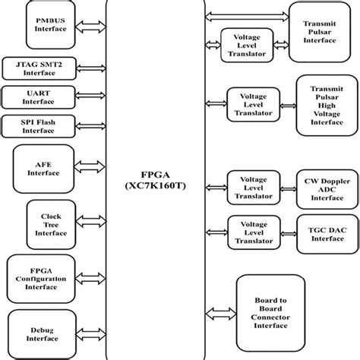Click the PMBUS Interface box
(x=51, y=25)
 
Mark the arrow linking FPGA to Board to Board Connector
(x=221, y=313)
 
